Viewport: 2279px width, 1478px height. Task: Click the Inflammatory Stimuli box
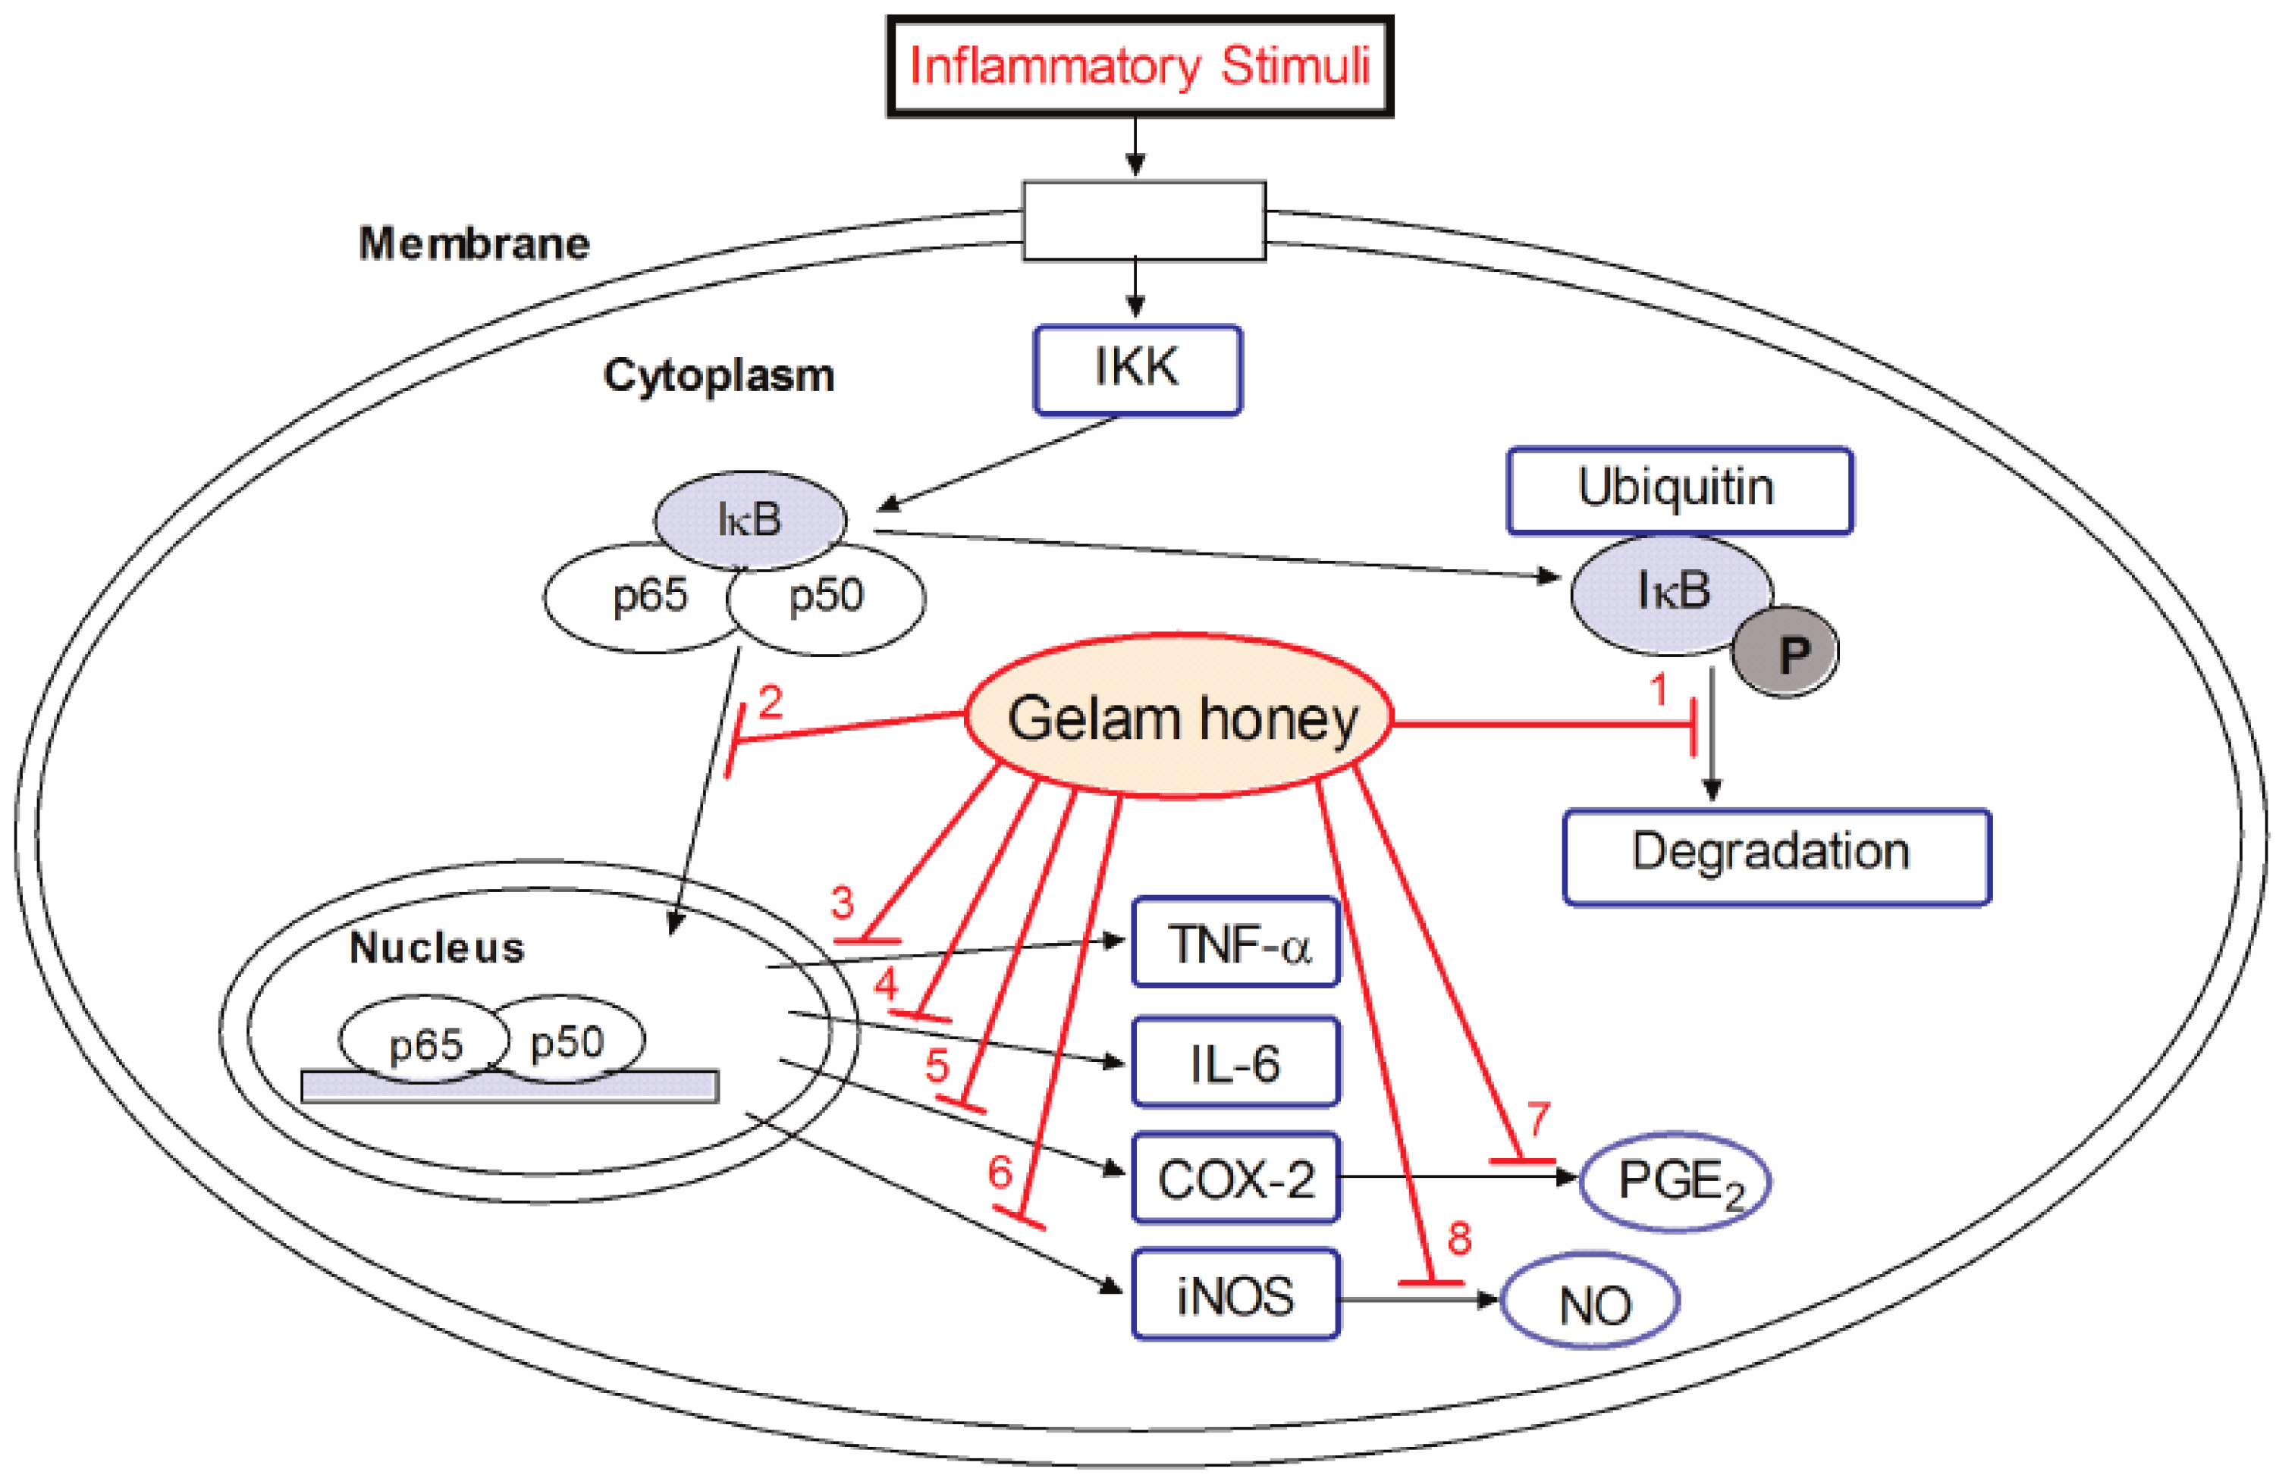point(1139,67)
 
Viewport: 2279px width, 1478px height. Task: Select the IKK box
point(1138,370)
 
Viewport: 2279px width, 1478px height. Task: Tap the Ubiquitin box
point(1680,489)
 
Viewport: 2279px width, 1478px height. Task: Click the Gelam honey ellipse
point(1180,718)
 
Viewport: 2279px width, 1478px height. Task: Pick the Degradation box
point(1776,856)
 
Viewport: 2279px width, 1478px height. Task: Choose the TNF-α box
point(1235,942)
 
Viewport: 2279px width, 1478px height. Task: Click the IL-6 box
point(1235,1062)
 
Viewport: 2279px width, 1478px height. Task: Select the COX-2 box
point(1235,1179)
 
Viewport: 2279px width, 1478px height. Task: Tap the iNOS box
point(1235,1295)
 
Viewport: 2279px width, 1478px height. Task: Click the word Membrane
point(474,243)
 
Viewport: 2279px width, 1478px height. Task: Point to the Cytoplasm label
point(718,375)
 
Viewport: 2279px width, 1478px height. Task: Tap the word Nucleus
point(437,947)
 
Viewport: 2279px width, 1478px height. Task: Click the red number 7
point(1538,1118)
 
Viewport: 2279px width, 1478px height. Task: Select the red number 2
point(770,703)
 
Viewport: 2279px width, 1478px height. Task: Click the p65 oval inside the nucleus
point(424,1042)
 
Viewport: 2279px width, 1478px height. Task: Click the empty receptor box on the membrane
point(1144,221)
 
